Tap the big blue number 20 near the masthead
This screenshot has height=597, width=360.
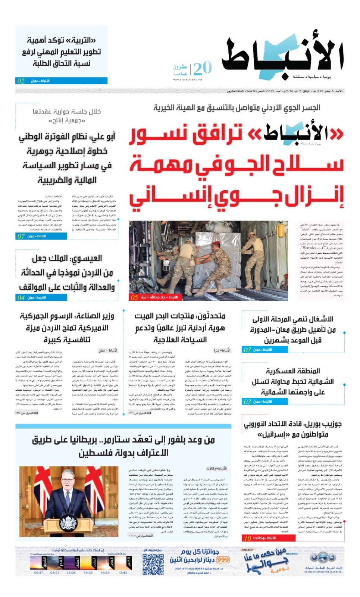[x=203, y=69]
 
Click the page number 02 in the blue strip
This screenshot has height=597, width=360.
[x=21, y=81]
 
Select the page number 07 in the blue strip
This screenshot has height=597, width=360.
[x=21, y=236]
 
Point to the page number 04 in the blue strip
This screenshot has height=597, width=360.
[x=21, y=297]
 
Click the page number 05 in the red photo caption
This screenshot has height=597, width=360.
[x=134, y=297]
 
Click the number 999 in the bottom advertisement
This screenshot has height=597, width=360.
[x=223, y=560]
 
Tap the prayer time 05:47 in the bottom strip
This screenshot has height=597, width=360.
[x=39, y=572]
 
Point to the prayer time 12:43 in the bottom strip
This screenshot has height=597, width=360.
[x=122, y=572]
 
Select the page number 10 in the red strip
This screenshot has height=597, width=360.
[x=248, y=538]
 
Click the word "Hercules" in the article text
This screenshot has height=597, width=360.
[x=309, y=247]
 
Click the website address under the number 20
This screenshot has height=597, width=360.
[x=187, y=79]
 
